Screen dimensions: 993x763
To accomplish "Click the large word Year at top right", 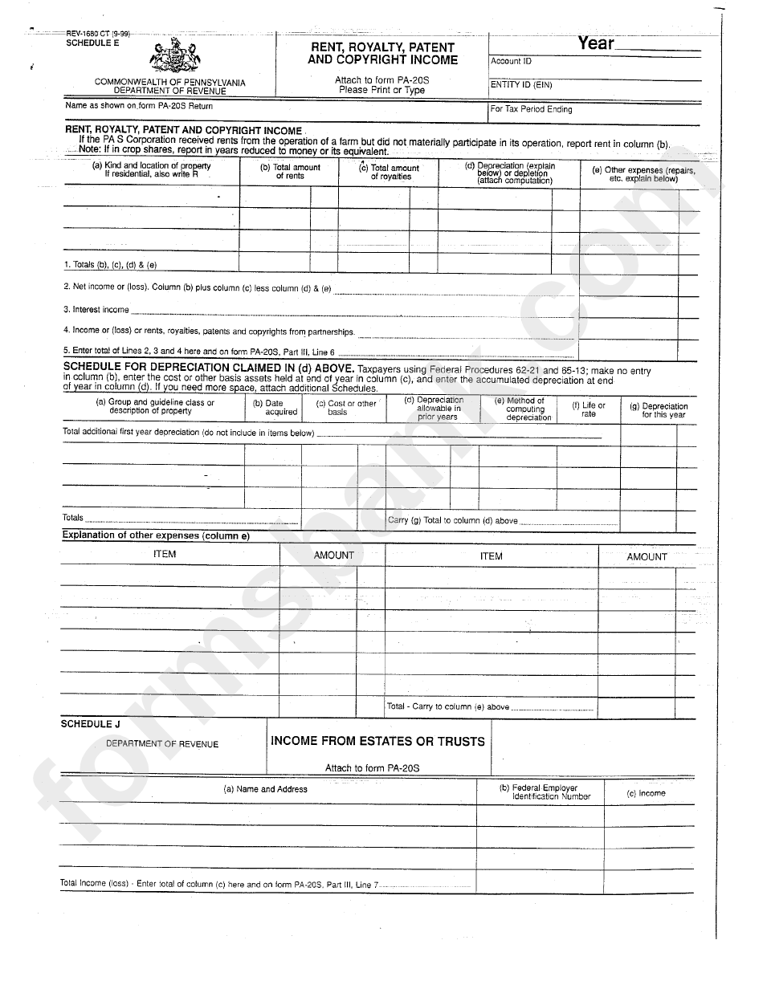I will pos(596,43).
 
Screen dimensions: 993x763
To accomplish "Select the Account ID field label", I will pos(511,61).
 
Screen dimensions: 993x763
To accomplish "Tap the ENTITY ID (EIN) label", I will pos(521,84).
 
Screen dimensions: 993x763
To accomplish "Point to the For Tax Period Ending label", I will pos(531,109).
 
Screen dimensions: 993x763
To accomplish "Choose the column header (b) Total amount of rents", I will pos(289,171).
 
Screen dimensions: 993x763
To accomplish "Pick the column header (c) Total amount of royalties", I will pos(390,172).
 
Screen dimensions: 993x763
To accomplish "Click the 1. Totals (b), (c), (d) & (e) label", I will pos(109,264).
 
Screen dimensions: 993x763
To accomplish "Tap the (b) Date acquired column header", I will pos(274,408).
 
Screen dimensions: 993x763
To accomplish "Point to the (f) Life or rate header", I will pos(589,409).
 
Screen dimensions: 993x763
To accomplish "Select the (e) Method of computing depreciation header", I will pos(525,409).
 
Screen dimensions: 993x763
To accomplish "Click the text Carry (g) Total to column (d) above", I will pos(453,520).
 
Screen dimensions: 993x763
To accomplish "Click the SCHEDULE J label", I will pos(86,724).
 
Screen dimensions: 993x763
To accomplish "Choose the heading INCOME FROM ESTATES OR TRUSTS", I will pos(377,741).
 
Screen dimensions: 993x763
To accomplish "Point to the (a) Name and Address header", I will pos(265,789).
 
